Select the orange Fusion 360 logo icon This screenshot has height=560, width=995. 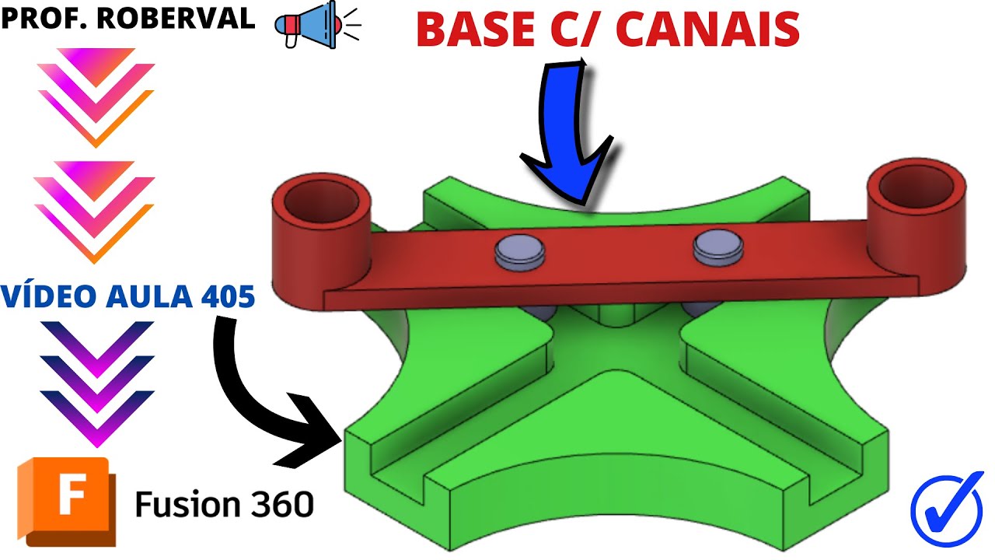(65, 502)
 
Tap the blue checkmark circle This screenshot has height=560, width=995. (947, 504)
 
